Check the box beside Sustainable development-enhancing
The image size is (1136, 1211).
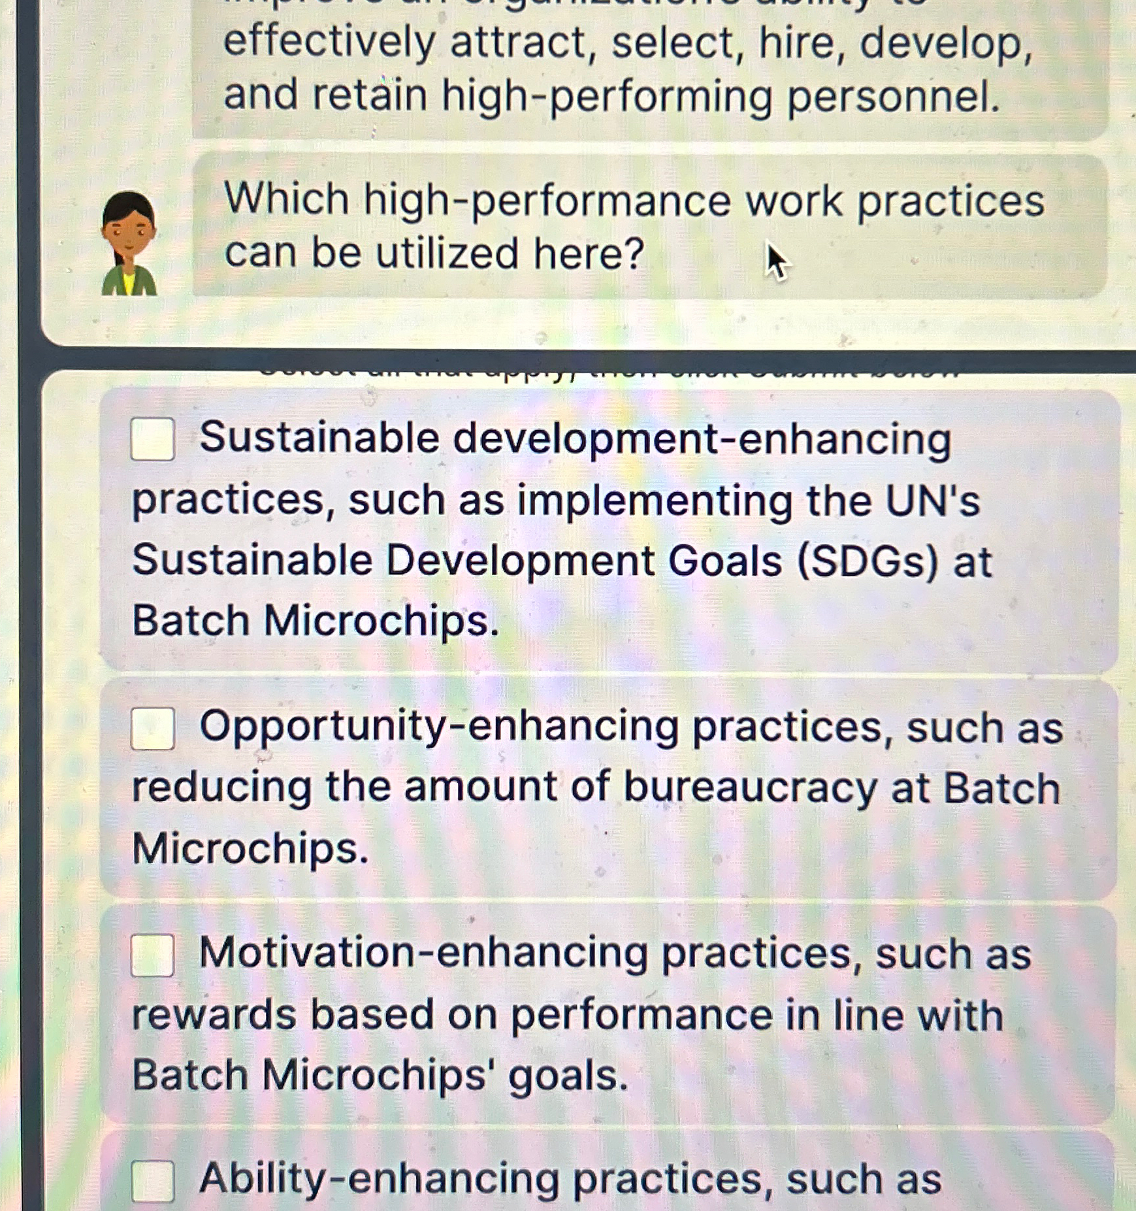(152, 439)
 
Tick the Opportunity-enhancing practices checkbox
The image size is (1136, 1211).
(152, 728)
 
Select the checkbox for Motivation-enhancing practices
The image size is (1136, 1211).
(152, 955)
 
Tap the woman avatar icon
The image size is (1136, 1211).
(129, 244)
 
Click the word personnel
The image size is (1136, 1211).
(893, 96)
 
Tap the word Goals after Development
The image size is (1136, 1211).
(724, 561)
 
